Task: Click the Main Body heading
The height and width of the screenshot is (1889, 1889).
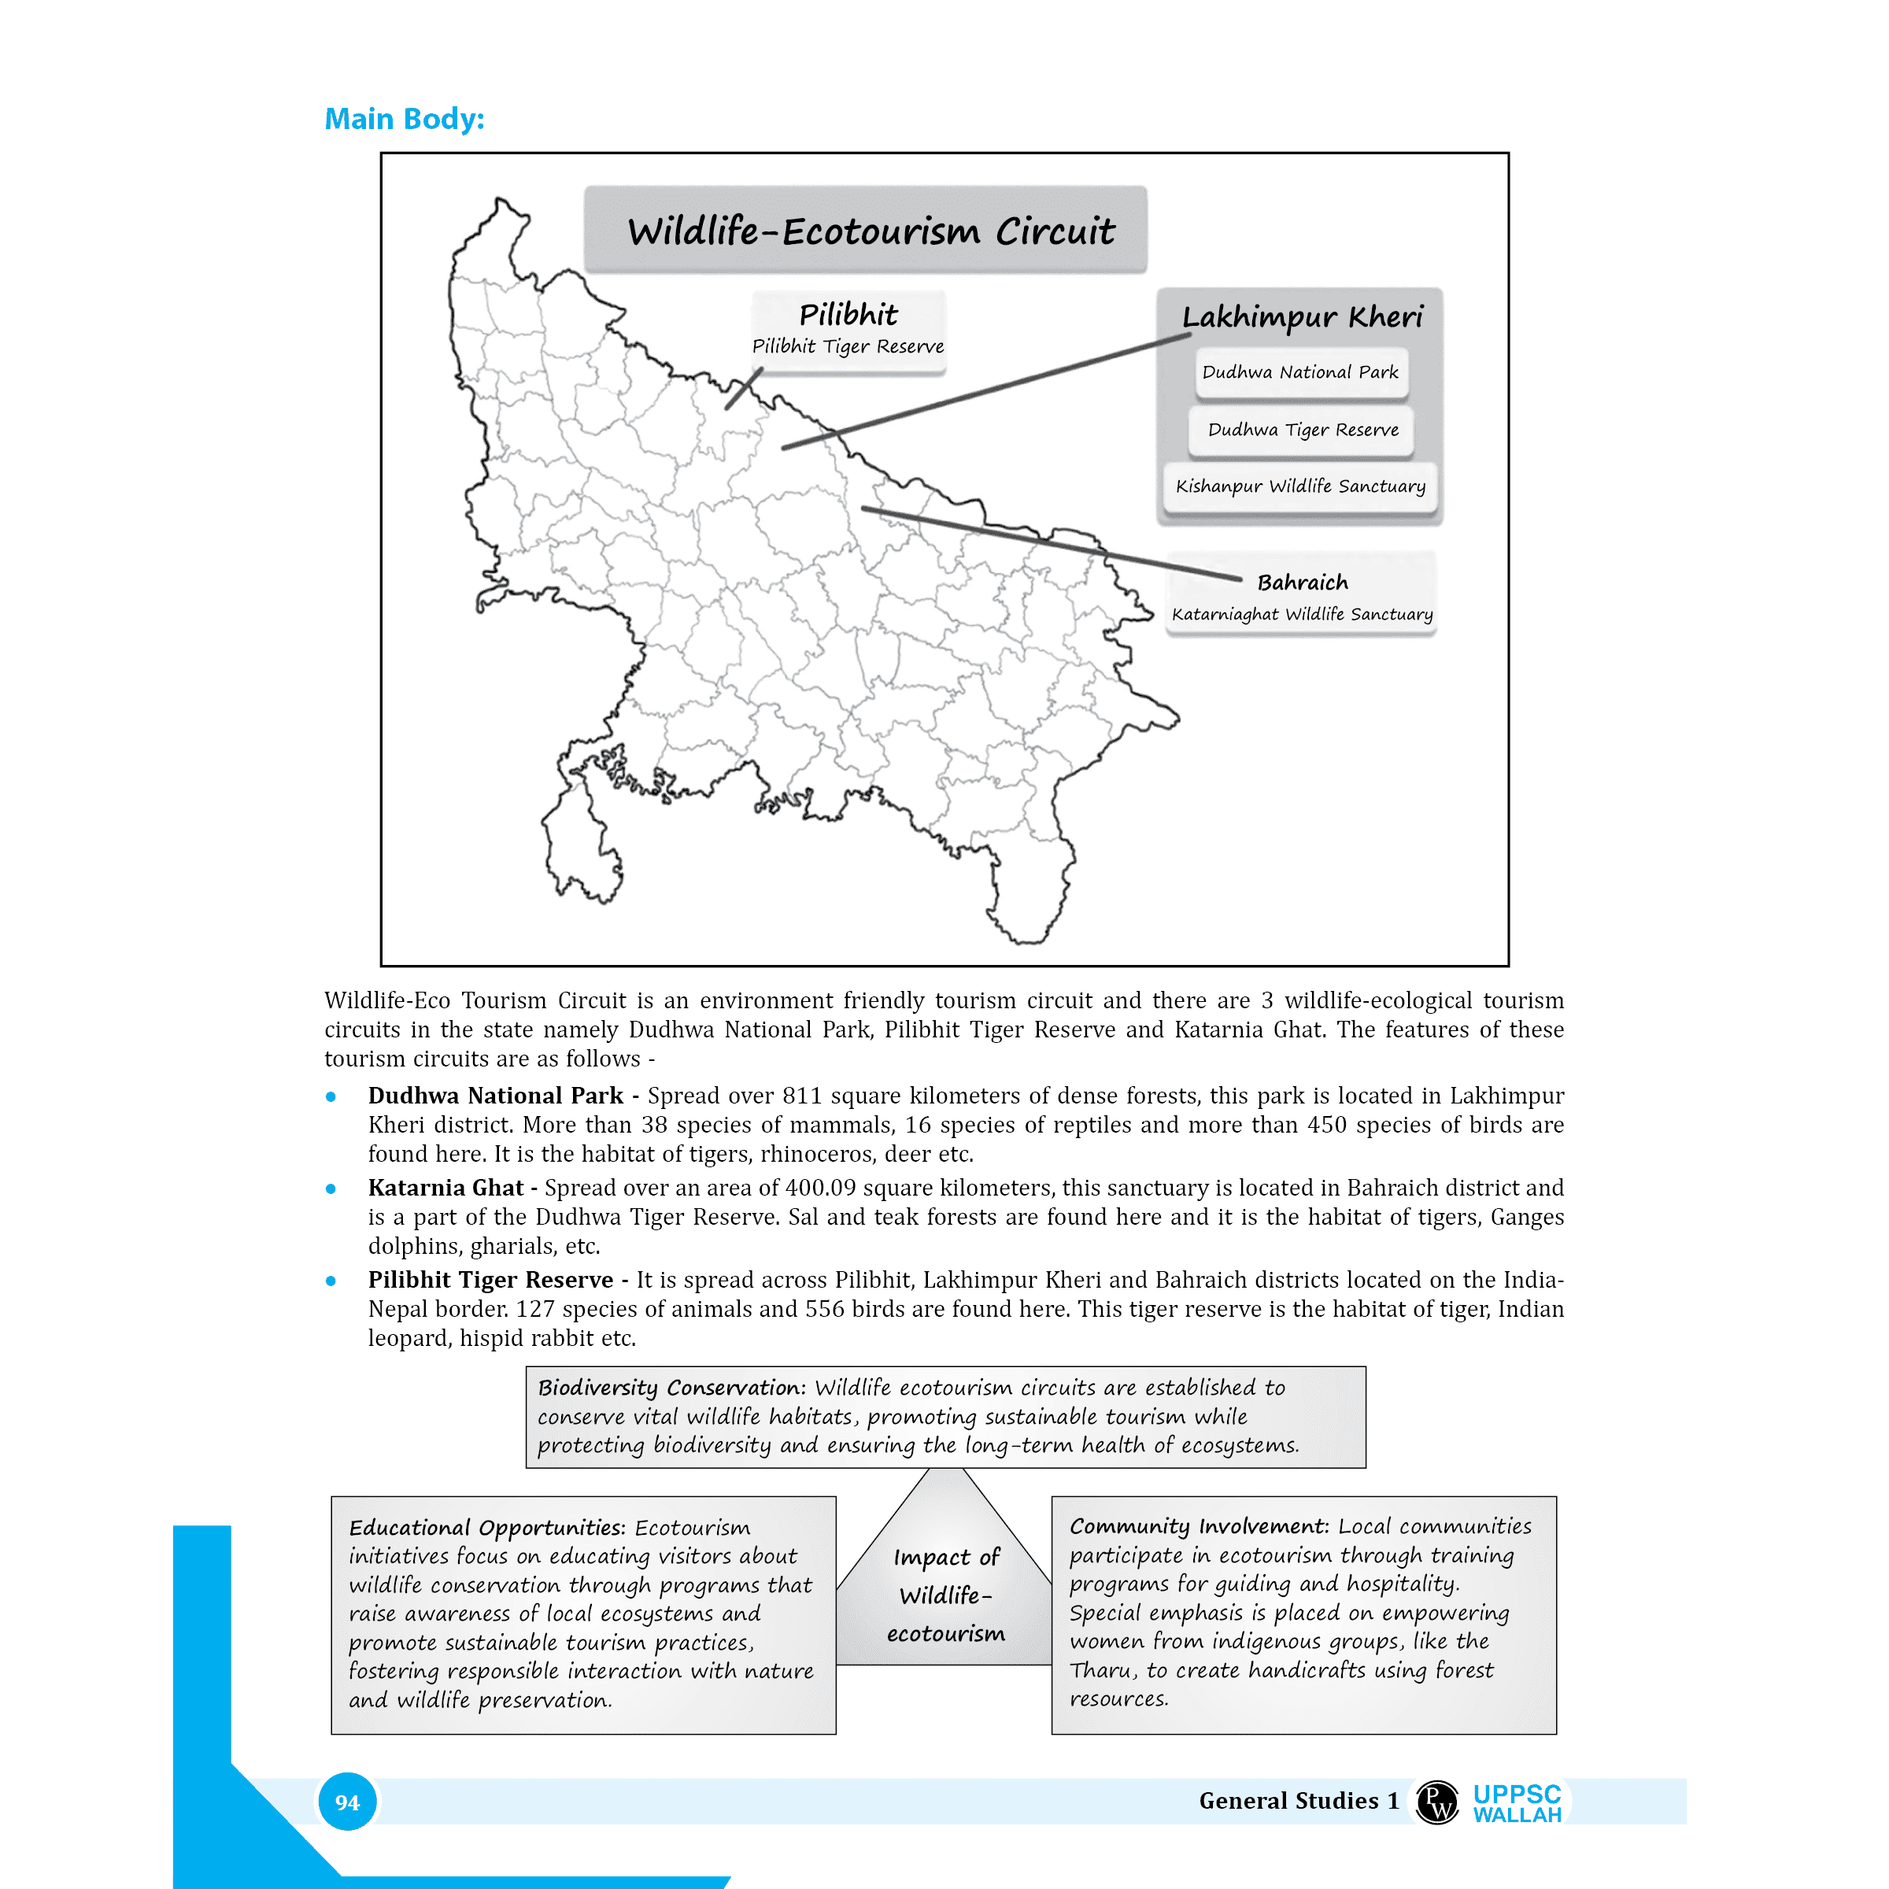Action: pyautogui.click(x=404, y=120)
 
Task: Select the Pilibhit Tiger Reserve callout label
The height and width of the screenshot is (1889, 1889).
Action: pyautogui.click(x=848, y=346)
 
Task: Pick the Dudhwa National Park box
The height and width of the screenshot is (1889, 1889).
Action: pyautogui.click(x=1299, y=372)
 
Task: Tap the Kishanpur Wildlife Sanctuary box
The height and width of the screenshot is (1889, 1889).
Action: pyautogui.click(x=1299, y=486)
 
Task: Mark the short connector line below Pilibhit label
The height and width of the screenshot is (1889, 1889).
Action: pyautogui.click(x=743, y=389)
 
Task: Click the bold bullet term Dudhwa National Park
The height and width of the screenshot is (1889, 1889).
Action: pyautogui.click(x=495, y=1096)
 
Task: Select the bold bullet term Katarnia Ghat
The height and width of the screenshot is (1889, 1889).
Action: pyautogui.click(x=445, y=1188)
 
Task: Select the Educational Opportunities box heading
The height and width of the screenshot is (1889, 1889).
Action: pyautogui.click(x=485, y=1529)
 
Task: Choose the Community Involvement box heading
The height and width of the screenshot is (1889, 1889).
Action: pyautogui.click(x=1199, y=1526)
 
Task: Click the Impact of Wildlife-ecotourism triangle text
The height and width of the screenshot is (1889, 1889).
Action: pyautogui.click(x=945, y=1595)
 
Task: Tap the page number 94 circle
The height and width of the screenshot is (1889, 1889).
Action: pyautogui.click(x=347, y=1802)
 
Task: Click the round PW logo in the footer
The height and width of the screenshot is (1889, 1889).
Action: pyautogui.click(x=1437, y=1802)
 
